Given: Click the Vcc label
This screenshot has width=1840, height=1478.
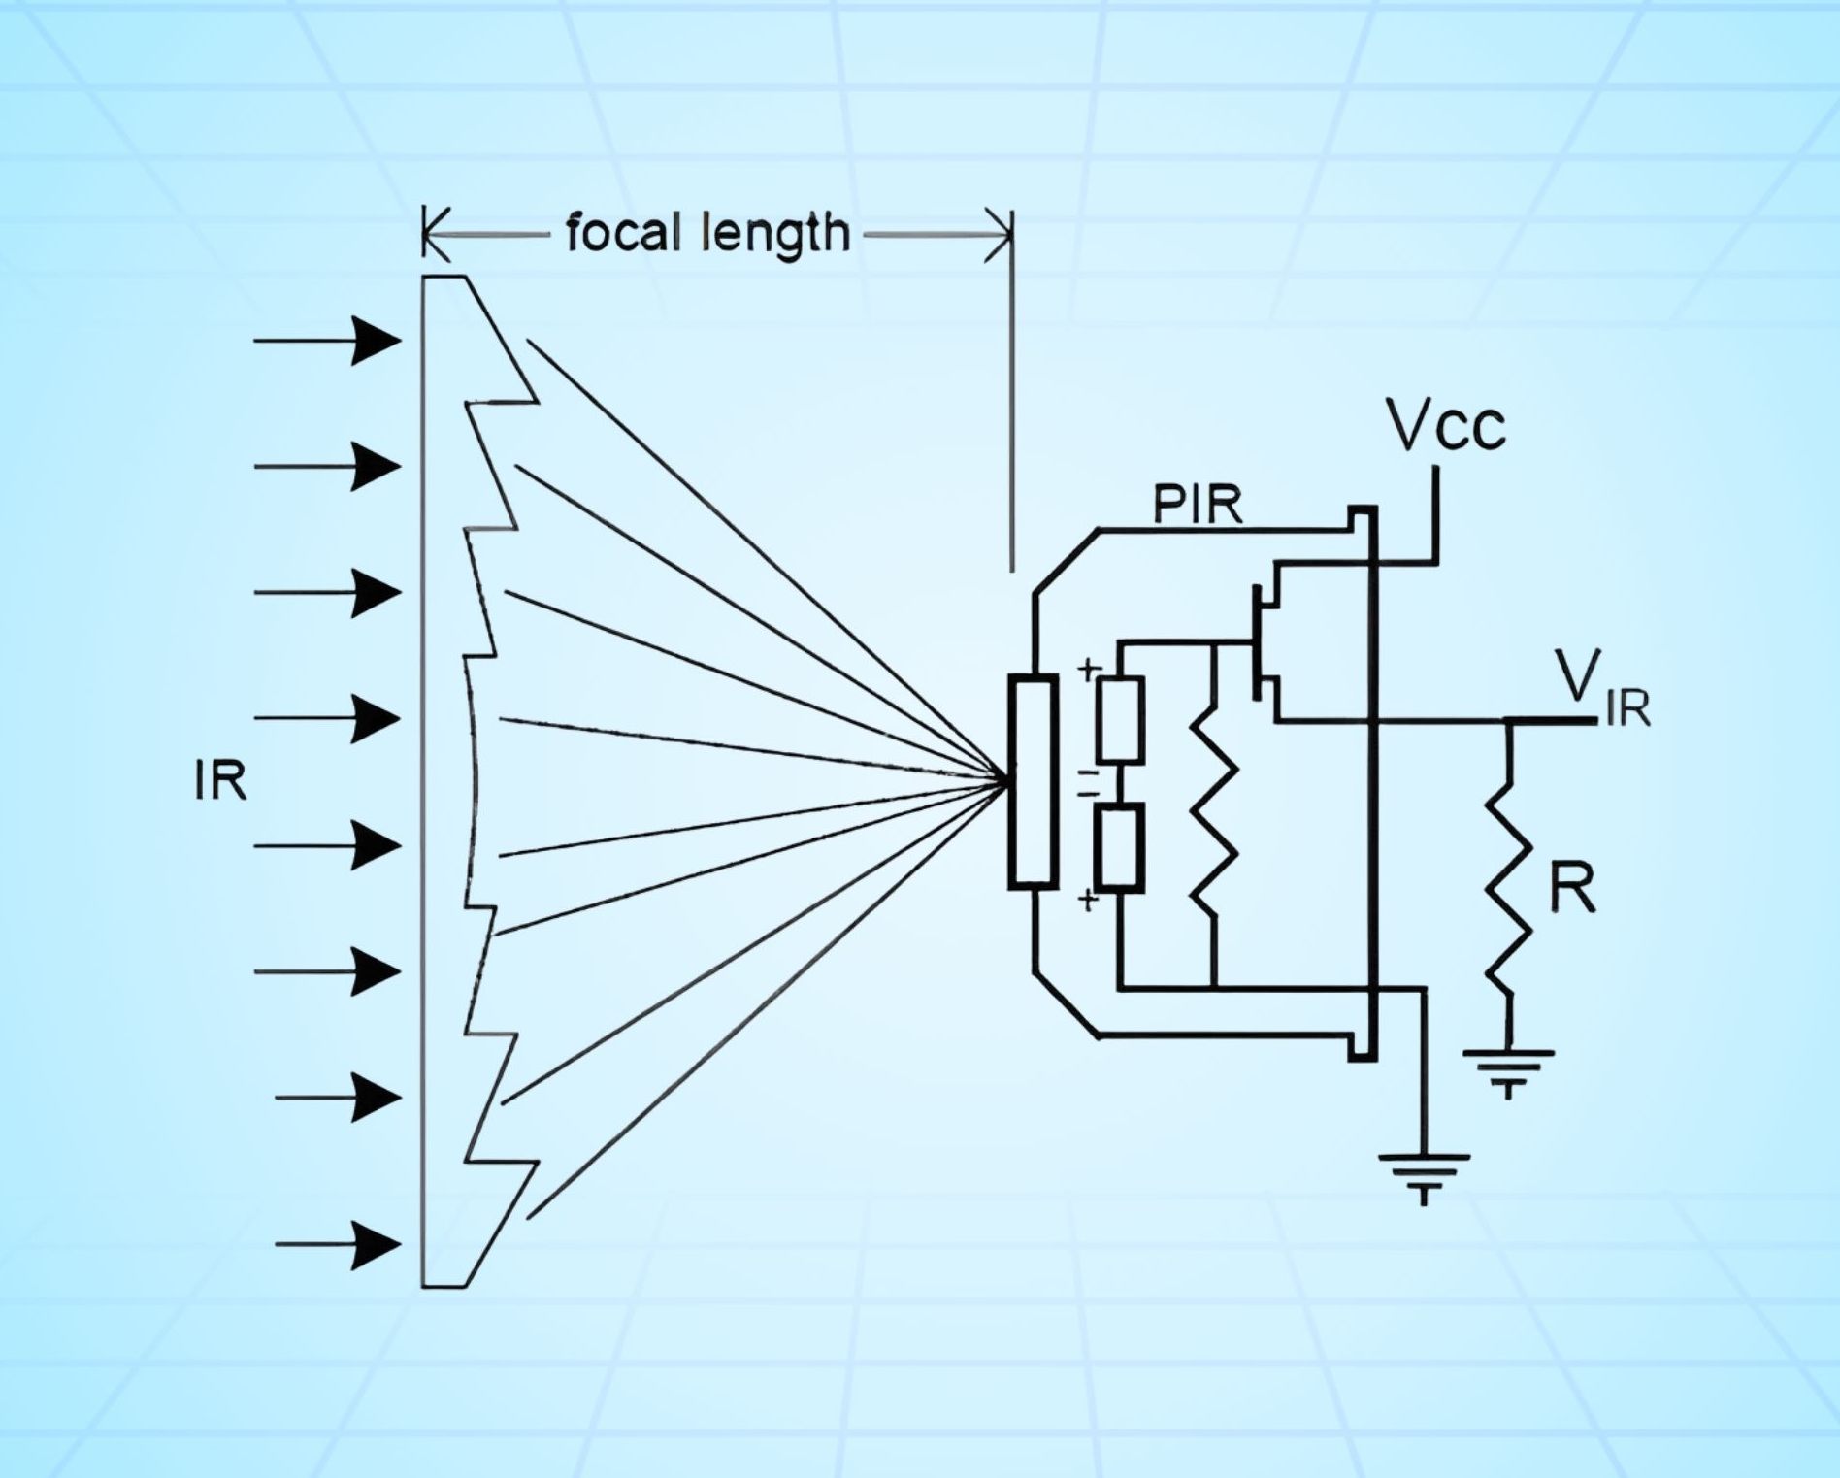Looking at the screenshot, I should pyautogui.click(x=1446, y=426).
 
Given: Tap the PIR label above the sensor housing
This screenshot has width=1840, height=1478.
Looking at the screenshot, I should pyautogui.click(x=1198, y=505).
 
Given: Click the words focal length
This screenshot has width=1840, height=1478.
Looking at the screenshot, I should pyautogui.click(x=707, y=234).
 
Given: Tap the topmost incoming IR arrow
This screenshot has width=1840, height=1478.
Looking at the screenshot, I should pyautogui.click(x=330, y=341).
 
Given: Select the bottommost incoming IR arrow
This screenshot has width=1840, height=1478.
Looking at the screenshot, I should pyautogui.click(x=340, y=1244).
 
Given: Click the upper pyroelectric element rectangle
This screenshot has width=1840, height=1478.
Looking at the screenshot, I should pyautogui.click(x=1119, y=719).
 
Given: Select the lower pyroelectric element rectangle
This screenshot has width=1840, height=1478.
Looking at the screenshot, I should pyautogui.click(x=1119, y=847).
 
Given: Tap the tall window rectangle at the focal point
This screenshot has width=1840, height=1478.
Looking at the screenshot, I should pyautogui.click(x=1032, y=781).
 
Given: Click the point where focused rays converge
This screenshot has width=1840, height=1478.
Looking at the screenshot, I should pyautogui.click(x=1003, y=778).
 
